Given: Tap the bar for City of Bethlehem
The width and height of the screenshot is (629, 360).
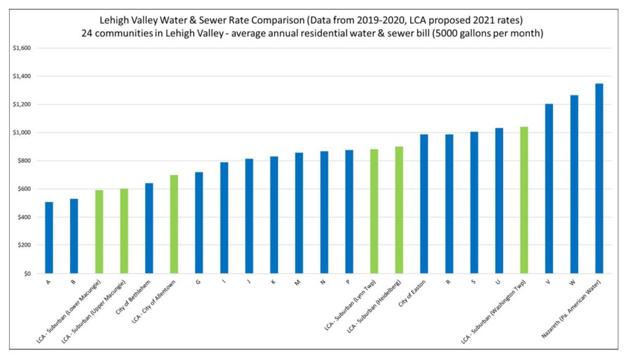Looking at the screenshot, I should point(149,228).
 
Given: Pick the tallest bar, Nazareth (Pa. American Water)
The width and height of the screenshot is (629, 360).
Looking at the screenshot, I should point(599,178).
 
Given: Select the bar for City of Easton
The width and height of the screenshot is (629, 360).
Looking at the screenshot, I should point(424,203).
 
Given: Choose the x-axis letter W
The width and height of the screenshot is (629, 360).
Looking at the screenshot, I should point(574,283).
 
